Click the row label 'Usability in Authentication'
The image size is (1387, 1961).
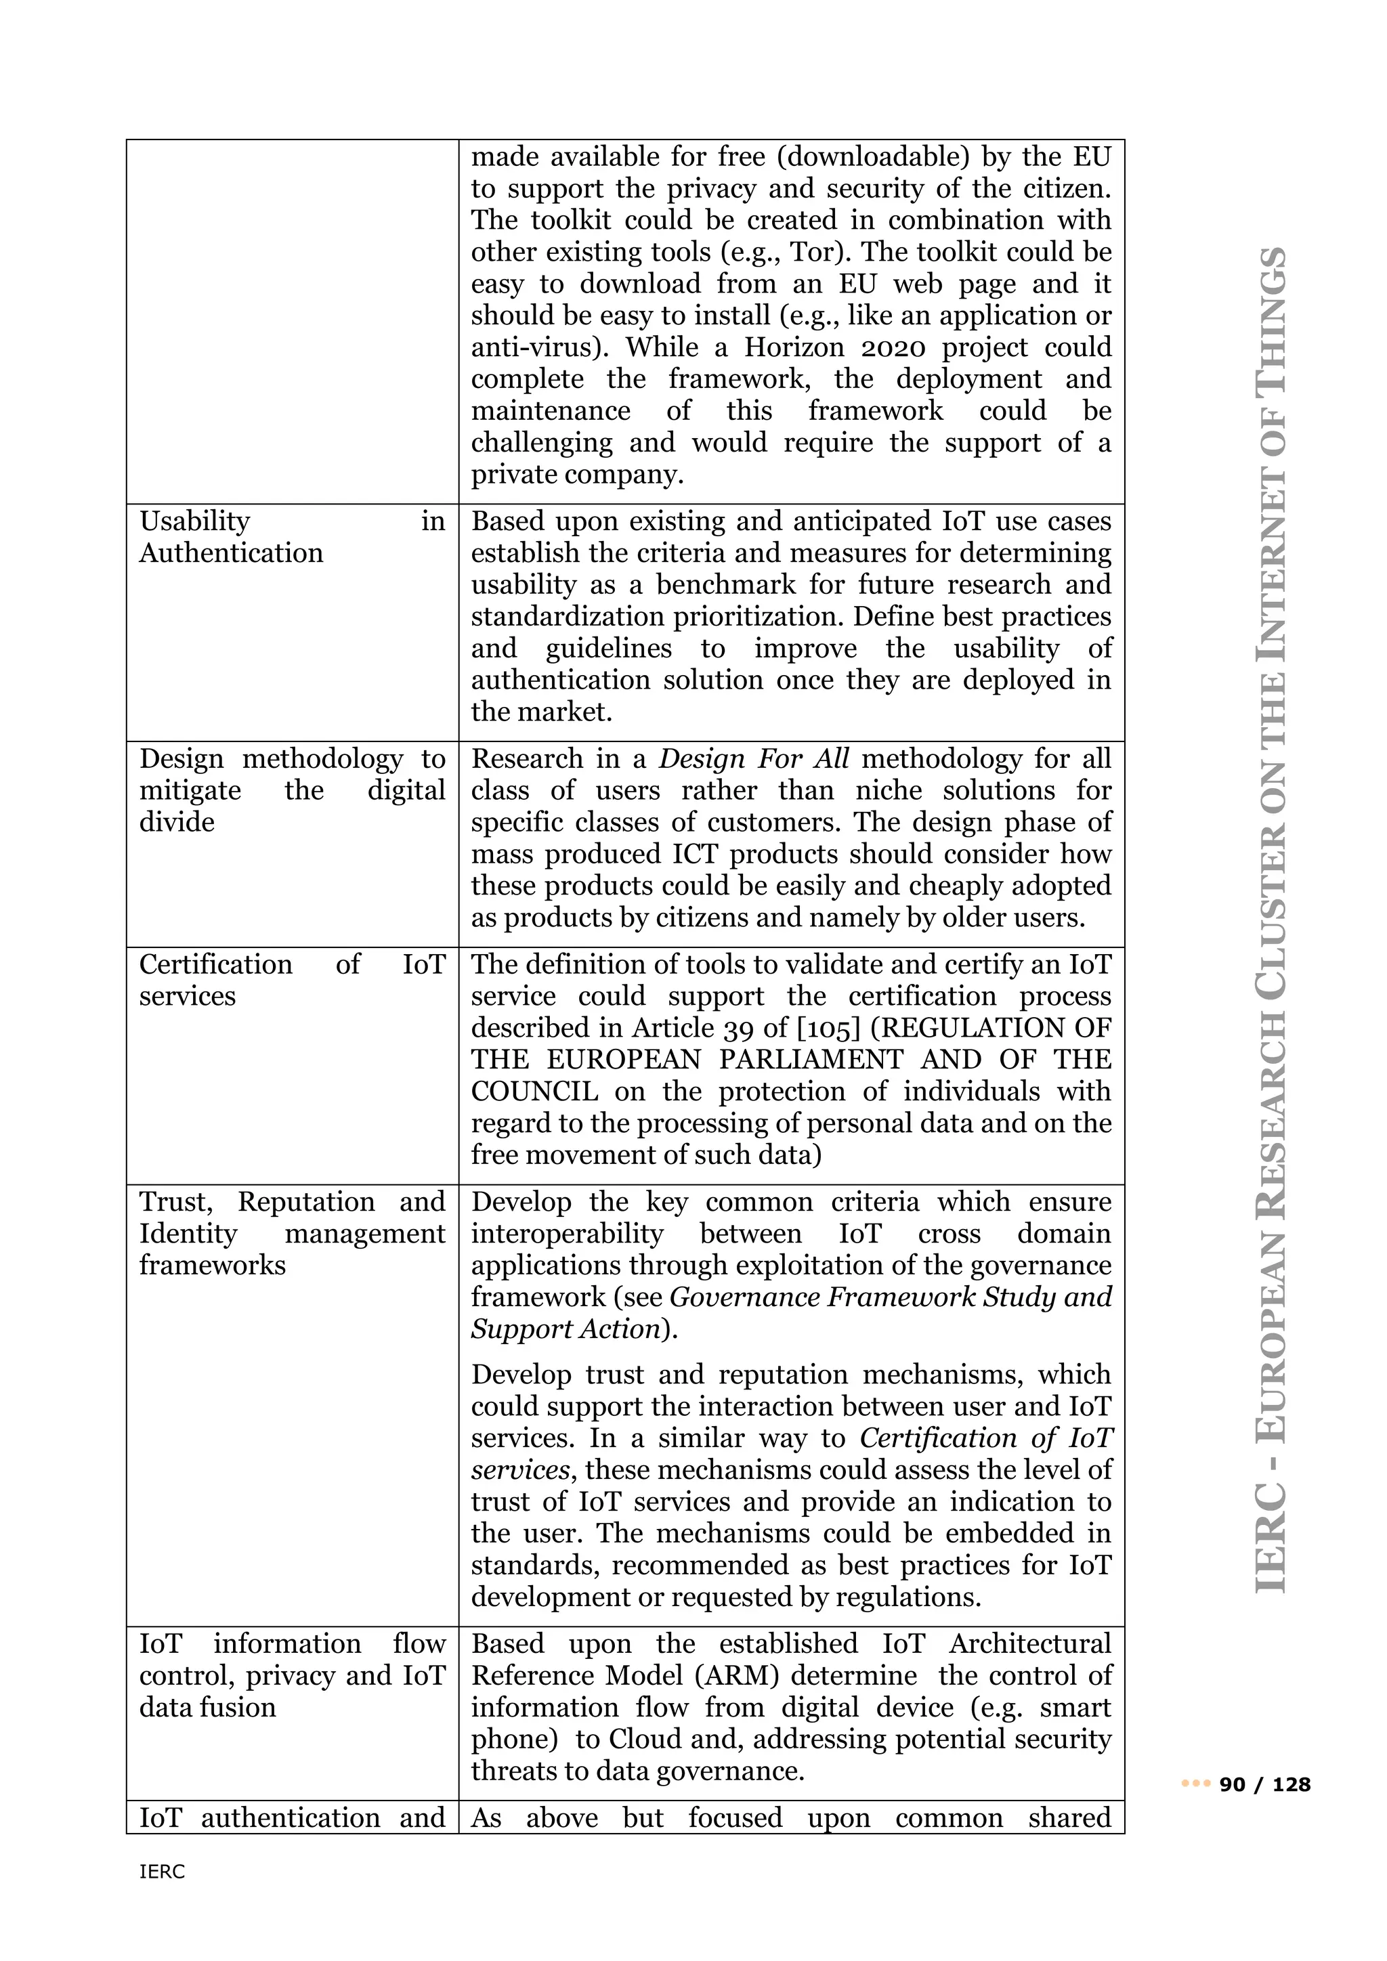[291, 536]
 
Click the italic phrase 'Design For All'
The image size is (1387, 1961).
[754, 758]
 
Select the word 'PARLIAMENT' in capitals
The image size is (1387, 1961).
[811, 1059]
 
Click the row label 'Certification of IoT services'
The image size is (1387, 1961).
[291, 980]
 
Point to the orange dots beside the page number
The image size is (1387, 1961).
[1196, 1784]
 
